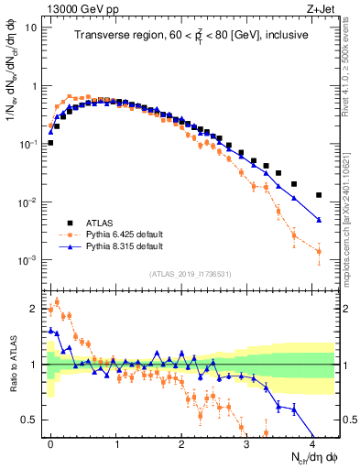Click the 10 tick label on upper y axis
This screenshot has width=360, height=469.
pos(30,27)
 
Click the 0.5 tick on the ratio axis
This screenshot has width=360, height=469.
pos(29,420)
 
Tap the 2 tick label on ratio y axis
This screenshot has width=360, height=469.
pos(33,308)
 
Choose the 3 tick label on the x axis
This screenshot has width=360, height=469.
pos(246,442)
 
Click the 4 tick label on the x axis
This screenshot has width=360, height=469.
pos(311,442)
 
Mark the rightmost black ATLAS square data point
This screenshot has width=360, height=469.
pos(318,195)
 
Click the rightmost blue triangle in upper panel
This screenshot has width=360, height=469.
pos(318,220)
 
